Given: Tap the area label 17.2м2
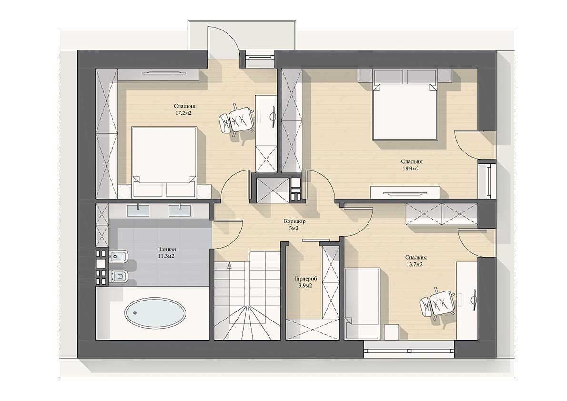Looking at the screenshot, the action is [x=183, y=113].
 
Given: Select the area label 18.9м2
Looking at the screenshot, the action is [x=411, y=169].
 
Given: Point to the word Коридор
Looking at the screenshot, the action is [x=295, y=221].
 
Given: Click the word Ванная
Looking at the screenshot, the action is [x=167, y=249].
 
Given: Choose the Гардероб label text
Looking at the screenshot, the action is [x=306, y=279].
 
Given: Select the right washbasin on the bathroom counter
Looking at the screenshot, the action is [x=180, y=209].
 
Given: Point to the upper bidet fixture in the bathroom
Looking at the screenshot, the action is [x=118, y=256].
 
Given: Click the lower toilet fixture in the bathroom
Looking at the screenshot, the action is [x=118, y=277].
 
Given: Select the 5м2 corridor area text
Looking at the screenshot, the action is [x=294, y=228].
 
